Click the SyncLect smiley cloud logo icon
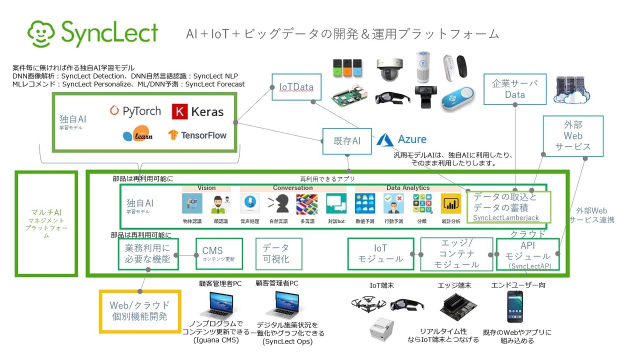click(42, 33)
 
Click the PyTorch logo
click(135, 110)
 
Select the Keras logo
click(197, 111)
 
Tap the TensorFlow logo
click(197, 135)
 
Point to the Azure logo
click(402, 139)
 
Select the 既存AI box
click(347, 141)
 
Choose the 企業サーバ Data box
click(515, 89)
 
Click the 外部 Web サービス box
click(573, 135)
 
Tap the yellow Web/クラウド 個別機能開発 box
click(139, 310)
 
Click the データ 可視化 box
click(276, 253)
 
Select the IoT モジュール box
click(381, 253)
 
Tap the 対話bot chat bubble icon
click(336, 204)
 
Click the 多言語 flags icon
click(306, 204)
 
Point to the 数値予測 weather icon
click(365, 204)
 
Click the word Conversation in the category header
click(293, 188)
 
